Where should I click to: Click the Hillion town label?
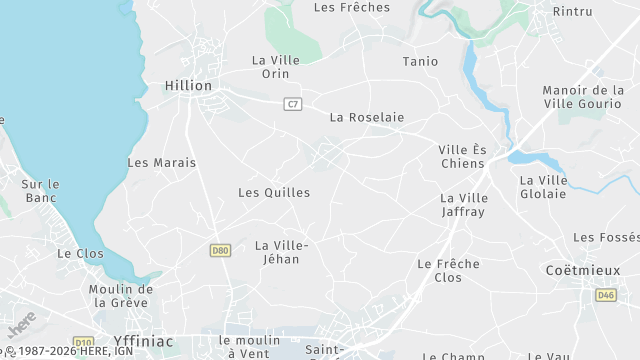[x=188, y=86]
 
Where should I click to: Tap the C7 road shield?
[x=293, y=104]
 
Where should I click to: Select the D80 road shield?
[x=220, y=250]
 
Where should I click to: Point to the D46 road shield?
[x=606, y=295]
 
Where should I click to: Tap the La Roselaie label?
[x=367, y=117]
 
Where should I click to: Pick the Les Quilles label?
[x=274, y=192]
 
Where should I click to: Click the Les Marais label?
[x=162, y=162]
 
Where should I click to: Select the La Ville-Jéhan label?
[x=282, y=253]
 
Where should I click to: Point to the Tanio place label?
[x=420, y=62]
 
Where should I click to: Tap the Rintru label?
[x=573, y=12]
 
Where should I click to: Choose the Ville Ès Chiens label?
[x=461, y=157]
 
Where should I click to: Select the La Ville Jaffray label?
[x=463, y=205]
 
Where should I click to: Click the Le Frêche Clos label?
[x=448, y=270]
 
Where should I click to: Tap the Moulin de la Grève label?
[x=118, y=296]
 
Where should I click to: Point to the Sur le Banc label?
[x=40, y=191]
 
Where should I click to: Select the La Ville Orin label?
[x=276, y=67]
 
